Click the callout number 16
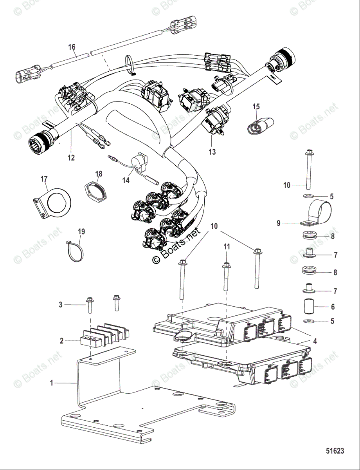tap(72, 47)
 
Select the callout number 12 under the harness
tap(71, 158)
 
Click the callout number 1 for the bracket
tap(51, 383)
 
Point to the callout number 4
tap(315, 341)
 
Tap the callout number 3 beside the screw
tap(61, 304)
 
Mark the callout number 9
tap(279, 223)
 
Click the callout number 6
tap(333, 307)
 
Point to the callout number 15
tap(256, 106)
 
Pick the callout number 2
tap(61, 341)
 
